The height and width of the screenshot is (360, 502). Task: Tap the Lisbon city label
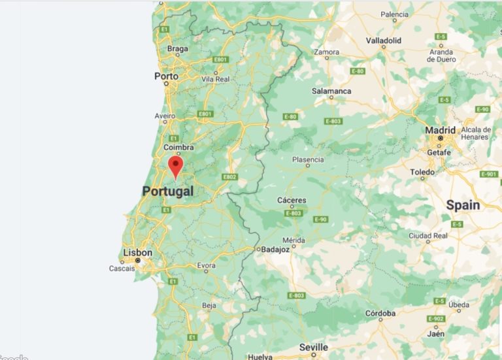coord(138,253)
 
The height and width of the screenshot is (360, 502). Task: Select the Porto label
coord(166,76)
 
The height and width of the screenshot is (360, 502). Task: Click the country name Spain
coord(463,205)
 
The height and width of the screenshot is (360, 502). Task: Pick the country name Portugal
coord(168,191)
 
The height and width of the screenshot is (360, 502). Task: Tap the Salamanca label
coord(331,91)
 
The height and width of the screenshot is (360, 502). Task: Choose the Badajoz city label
coord(275,249)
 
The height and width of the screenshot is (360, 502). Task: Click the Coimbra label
coord(179,148)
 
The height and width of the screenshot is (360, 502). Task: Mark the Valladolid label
coord(384,41)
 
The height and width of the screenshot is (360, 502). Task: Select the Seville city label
coord(314,347)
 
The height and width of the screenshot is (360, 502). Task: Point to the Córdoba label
coord(380,314)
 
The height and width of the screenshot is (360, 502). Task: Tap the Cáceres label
coord(292,201)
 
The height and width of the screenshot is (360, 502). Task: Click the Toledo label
coord(422,172)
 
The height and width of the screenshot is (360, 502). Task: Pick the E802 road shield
coord(229,177)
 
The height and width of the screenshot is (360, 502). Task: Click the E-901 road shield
coord(488,174)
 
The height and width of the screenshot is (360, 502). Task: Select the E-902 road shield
coord(436,319)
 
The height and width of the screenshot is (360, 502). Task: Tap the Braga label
coord(177,48)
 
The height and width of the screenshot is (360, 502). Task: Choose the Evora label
coord(206,265)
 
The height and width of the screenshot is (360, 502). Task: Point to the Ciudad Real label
coord(427,235)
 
